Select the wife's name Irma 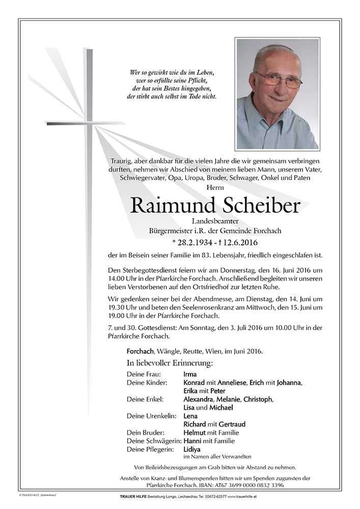pyautogui.click(x=190, y=374)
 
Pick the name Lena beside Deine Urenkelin pyautogui.click(x=190, y=416)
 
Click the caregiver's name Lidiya pyautogui.click(x=192, y=449)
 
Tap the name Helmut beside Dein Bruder pyautogui.click(x=195, y=433)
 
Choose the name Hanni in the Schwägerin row pyautogui.click(x=193, y=441)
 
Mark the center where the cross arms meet pyautogui.click(x=89, y=123)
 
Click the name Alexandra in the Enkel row pyautogui.click(x=199, y=399)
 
